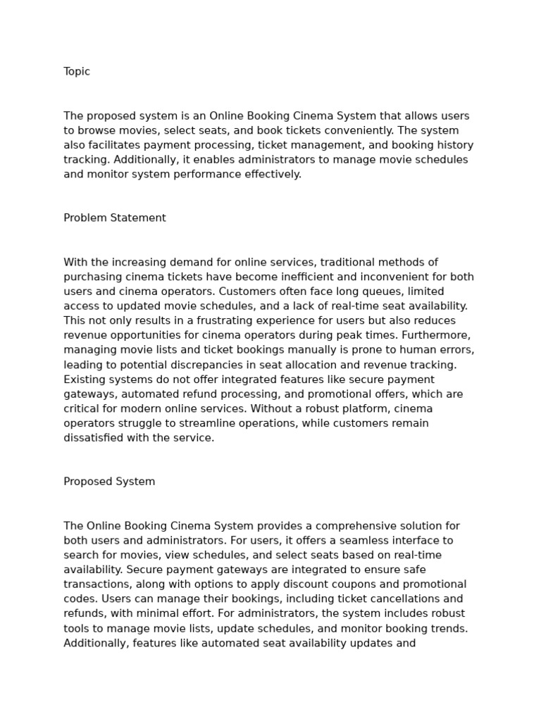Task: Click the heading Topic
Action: [x=77, y=72]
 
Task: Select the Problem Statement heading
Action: [x=115, y=218]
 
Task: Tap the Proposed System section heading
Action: [x=109, y=482]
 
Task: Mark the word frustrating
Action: [x=216, y=321]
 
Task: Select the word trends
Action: [x=447, y=629]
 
